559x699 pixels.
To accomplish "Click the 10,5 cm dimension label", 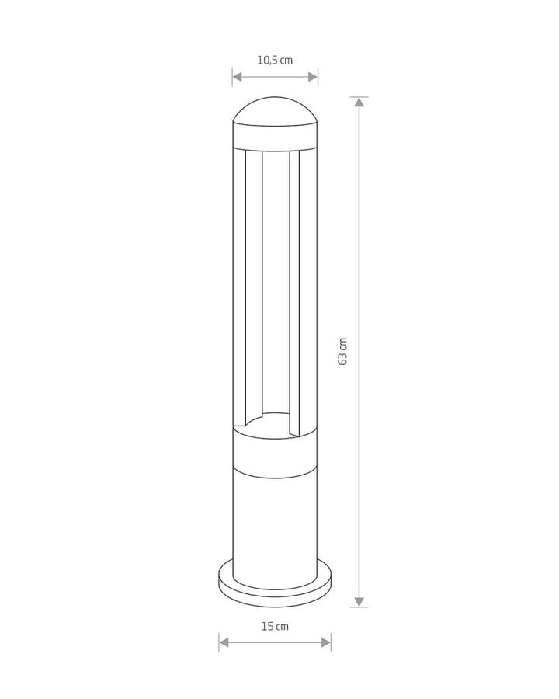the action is [275, 60].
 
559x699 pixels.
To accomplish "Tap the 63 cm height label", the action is [342, 352].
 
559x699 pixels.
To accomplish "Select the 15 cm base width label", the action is [275, 626].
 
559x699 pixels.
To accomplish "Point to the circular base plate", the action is [275, 584].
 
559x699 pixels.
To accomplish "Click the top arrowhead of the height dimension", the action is [359, 102].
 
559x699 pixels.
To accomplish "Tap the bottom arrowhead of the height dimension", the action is [359, 602].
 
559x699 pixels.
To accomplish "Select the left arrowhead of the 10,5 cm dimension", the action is [237, 77].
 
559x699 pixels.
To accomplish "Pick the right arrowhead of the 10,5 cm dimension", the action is [312, 77].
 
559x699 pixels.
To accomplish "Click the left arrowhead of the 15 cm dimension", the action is [224, 642].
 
